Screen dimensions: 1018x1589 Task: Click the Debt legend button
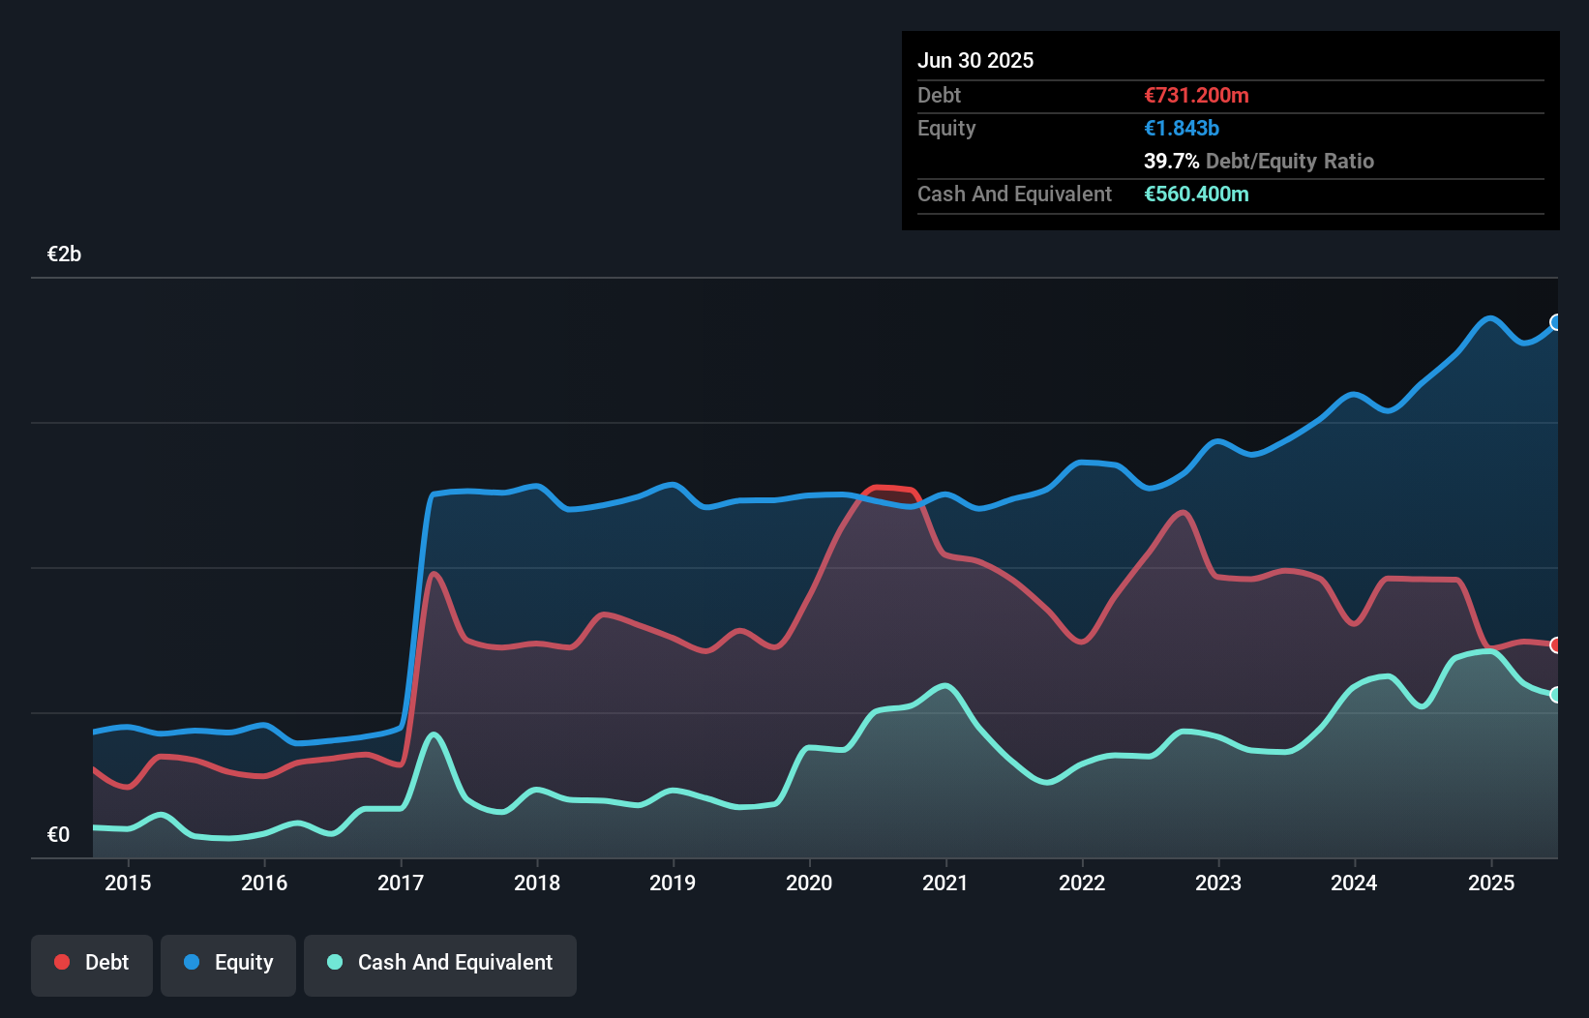[92, 963]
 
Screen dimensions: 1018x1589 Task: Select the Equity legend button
[228, 963]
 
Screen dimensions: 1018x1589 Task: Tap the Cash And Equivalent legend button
[440, 963]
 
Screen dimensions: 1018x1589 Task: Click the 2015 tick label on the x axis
[128, 883]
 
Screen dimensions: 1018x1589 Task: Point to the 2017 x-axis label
[401, 883]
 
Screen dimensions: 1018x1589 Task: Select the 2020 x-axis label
[809, 883]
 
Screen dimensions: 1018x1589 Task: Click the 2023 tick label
[1218, 883]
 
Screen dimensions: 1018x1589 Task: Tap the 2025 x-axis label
[1491, 883]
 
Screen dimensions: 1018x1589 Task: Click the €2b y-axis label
[64, 254]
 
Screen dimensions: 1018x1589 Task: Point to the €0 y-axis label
[58, 835]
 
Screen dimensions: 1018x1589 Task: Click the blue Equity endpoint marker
[1556, 322]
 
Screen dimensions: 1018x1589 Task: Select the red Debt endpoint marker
[1556, 645]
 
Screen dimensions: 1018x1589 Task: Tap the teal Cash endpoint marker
[1556, 695]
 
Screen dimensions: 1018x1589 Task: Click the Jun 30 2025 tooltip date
[975, 61]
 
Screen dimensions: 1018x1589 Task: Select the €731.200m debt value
[1196, 96]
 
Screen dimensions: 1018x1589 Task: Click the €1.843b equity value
[1182, 129]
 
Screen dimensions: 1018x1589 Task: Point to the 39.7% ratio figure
[1171, 162]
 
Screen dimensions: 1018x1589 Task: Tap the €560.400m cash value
[1196, 195]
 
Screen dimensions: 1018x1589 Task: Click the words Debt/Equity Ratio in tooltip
[1289, 162]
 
